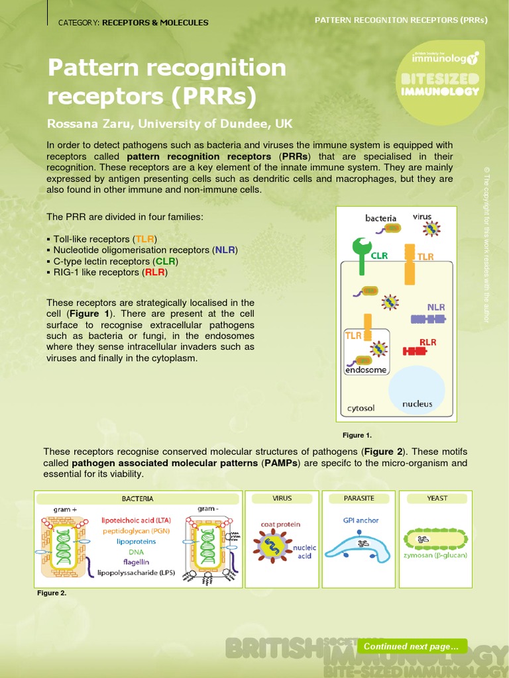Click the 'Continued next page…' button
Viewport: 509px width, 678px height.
coord(412,646)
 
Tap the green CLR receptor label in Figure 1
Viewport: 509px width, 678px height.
coord(379,256)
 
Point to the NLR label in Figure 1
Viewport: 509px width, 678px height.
coord(435,307)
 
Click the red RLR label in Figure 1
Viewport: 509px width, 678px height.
coord(427,342)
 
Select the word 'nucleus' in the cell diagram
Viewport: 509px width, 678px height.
coord(417,404)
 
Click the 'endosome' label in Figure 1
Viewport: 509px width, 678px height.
coord(365,370)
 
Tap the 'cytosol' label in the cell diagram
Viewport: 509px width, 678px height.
coord(361,409)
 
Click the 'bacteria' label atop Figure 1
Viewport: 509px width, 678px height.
coord(380,218)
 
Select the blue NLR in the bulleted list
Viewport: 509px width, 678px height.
coord(224,250)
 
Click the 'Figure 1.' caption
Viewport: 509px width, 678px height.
coord(357,435)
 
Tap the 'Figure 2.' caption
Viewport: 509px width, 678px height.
coord(52,593)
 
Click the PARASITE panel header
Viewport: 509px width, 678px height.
coord(359,498)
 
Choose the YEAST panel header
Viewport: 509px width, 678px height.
coord(437,498)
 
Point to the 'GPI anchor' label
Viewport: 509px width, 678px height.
coord(361,520)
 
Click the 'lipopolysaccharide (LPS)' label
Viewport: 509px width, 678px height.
coord(136,572)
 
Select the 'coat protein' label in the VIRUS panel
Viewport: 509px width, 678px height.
coord(280,524)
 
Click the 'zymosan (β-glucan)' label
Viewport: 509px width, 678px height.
coord(435,555)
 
